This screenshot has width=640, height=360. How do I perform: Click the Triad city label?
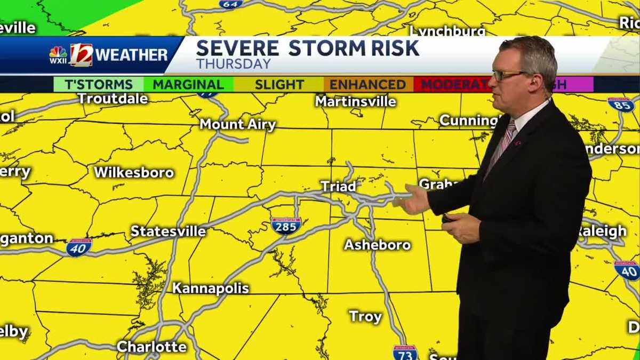[338, 186]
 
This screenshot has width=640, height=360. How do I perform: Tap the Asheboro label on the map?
[377, 245]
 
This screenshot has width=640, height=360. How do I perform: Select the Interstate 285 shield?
[286, 226]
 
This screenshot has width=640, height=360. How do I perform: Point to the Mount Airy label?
[238, 124]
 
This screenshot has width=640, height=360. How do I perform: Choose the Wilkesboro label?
[134, 172]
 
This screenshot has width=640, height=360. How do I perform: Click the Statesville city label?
[168, 231]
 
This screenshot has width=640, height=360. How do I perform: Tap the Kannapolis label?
[211, 288]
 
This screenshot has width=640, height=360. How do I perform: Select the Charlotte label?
[152, 346]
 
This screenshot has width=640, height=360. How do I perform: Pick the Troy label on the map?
[365, 316]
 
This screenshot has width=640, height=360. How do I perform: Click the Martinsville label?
[356, 101]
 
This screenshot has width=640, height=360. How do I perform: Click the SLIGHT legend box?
[279, 84]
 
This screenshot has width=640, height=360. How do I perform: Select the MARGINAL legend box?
[188, 84]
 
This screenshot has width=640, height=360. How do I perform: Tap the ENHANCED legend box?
[367, 84]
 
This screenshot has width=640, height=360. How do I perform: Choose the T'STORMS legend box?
[99, 84]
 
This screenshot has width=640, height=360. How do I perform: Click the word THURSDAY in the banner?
[233, 63]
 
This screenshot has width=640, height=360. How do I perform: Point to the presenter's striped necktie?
[501, 145]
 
